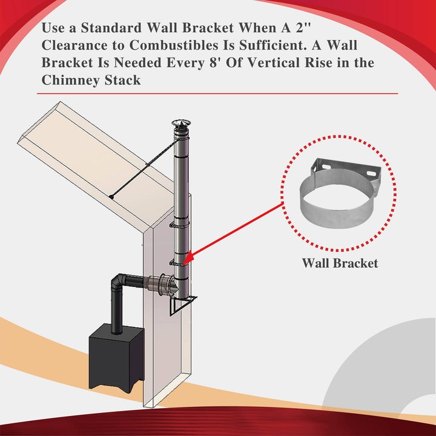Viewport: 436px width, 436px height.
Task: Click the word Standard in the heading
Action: point(118,28)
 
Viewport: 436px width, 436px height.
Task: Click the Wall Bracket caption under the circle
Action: point(340,263)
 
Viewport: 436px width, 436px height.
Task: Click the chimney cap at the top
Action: point(180,125)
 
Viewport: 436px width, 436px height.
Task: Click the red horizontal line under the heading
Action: point(217,94)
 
